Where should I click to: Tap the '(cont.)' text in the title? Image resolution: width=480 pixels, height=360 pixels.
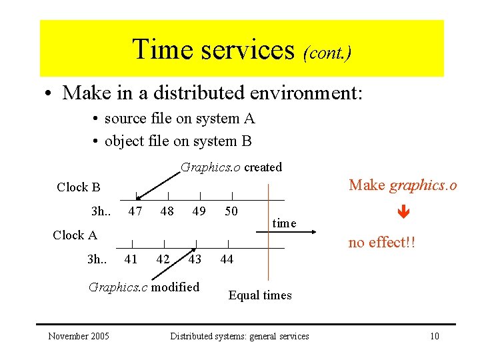[327, 52]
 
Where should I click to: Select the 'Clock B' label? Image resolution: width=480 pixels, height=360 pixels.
[78, 187]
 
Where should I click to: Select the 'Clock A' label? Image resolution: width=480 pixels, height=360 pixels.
[75, 235]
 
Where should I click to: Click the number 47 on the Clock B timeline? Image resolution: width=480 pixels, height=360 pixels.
[135, 211]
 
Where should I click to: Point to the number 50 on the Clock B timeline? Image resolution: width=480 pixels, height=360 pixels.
[231, 211]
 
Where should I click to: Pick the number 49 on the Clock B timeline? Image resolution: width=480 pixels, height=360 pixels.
[199, 211]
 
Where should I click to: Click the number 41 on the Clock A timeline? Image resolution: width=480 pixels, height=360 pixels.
[131, 259]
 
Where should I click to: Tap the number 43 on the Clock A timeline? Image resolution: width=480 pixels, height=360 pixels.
[195, 259]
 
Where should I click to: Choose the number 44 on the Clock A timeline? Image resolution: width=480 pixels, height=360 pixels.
[227, 259]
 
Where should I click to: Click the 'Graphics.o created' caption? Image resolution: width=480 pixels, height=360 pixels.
[231, 167]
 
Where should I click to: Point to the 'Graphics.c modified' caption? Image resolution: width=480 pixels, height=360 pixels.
[144, 287]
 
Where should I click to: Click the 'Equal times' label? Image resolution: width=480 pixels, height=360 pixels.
[260, 295]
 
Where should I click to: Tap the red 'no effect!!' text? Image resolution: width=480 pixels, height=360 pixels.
[382, 243]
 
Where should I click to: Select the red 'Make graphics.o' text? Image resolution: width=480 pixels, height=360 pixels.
[403, 185]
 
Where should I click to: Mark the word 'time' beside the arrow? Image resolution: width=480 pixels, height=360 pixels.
[284, 223]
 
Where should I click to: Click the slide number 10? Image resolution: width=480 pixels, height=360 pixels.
[434, 336]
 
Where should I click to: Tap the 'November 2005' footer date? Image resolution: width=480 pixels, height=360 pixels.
[79, 336]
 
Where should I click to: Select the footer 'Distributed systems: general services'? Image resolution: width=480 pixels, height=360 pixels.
[239, 336]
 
